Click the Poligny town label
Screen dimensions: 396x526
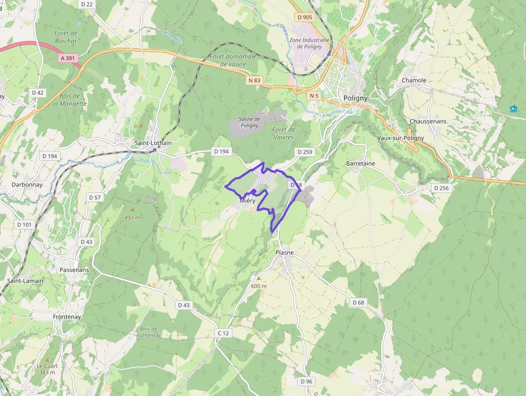tap(355, 98)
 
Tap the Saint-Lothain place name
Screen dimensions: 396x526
tap(153, 143)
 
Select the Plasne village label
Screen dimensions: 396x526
tap(284, 253)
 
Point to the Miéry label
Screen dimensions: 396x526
tap(247, 200)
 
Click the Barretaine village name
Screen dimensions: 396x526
tap(361, 163)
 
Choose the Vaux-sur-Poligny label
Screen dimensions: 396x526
tap(400, 138)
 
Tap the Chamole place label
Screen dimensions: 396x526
tap(414, 81)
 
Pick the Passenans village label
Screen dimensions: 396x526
tap(75, 270)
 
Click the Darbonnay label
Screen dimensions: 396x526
tap(27, 184)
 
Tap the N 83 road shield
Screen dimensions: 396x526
tap(254, 81)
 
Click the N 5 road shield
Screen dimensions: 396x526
tap(314, 96)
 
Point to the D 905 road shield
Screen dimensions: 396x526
tap(304, 17)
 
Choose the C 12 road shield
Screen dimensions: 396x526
tap(223, 333)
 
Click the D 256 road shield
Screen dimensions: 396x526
tap(441, 188)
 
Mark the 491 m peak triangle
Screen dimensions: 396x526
tap(133, 208)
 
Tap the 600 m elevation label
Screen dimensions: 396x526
tap(258, 286)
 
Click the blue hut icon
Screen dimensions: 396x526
tap(514, 109)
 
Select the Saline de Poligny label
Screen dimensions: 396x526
tap(249, 122)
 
